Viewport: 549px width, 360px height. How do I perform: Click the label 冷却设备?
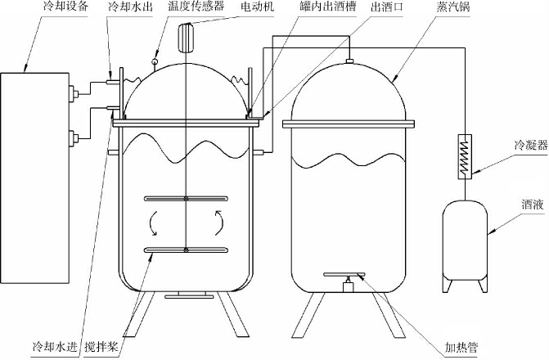point(65,7)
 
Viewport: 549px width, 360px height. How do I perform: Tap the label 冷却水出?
point(130,7)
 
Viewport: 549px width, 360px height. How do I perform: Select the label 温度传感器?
point(196,7)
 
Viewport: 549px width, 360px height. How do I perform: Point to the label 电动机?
point(258,7)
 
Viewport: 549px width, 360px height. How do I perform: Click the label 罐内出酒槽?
point(327,7)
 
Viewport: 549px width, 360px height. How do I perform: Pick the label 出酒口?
point(387,7)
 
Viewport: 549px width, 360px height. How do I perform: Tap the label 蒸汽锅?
point(452,7)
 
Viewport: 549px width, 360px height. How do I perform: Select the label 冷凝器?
point(531,144)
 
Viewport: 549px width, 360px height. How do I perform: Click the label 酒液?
point(533,204)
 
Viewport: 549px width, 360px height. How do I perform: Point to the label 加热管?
point(461,348)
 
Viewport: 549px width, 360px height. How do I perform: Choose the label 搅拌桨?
point(101,347)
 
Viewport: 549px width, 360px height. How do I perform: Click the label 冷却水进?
point(55,347)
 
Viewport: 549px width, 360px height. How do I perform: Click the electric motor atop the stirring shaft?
point(186,38)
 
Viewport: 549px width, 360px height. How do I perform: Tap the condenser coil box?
point(465,157)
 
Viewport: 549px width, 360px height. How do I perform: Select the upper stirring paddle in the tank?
point(187,199)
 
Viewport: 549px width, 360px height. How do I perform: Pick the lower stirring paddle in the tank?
point(187,250)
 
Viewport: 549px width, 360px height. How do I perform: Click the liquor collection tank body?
point(465,241)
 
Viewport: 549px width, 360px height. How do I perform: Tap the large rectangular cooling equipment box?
point(34,178)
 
